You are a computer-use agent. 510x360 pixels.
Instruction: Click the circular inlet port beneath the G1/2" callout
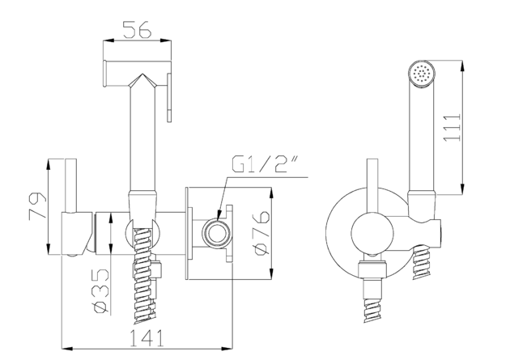coord(216,231)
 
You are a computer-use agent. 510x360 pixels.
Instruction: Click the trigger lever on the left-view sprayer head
coord(169,95)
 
